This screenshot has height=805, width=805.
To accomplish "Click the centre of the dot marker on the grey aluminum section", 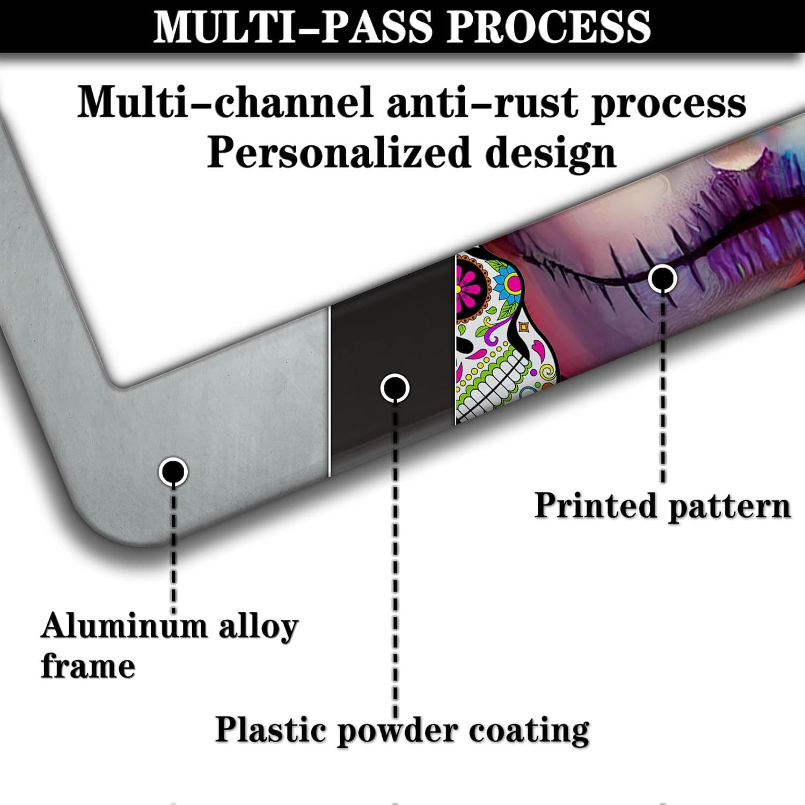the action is pyautogui.click(x=173, y=472).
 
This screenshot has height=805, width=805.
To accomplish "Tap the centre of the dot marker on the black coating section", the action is pyautogui.click(x=395, y=387).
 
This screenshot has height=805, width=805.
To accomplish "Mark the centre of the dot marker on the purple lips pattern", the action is pyautogui.click(x=663, y=279).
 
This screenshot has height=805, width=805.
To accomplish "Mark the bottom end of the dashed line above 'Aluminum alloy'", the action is pyautogui.click(x=173, y=612).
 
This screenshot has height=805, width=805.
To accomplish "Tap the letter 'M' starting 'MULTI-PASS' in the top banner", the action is pyautogui.click(x=173, y=26).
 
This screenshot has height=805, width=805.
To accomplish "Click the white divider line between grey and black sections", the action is pyautogui.click(x=329, y=392).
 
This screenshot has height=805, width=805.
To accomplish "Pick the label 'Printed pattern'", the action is pyautogui.click(x=663, y=506).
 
